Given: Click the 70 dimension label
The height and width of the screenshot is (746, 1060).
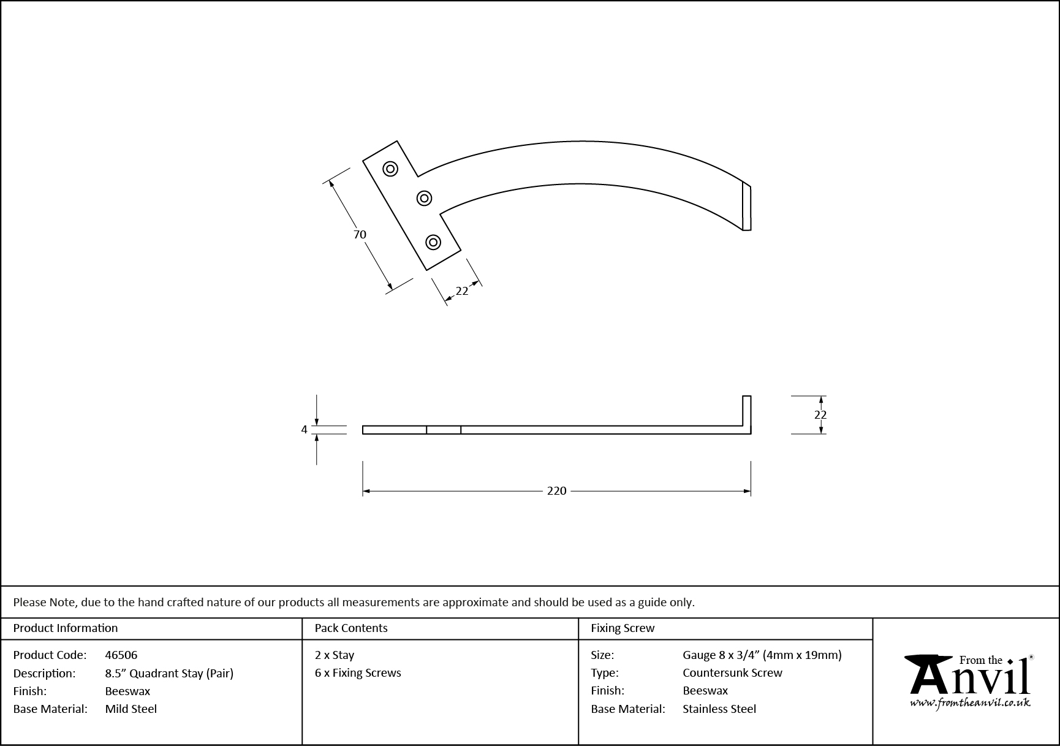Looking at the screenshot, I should [360, 234].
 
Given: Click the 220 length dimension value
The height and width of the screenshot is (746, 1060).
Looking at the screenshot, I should [556, 491].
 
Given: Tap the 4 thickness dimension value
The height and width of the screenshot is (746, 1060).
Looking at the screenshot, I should [304, 430].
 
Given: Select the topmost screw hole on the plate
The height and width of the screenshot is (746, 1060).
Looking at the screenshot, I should [390, 169].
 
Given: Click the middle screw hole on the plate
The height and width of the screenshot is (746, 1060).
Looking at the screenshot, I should [424, 198].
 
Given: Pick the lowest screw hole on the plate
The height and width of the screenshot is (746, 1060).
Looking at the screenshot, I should [433, 242].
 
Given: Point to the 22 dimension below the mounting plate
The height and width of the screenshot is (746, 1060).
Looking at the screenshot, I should [462, 291].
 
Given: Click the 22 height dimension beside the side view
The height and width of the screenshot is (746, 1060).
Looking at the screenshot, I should [820, 415].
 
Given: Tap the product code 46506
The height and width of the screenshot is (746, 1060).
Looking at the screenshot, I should [121, 655].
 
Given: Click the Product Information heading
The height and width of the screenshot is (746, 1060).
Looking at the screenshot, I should [66, 628].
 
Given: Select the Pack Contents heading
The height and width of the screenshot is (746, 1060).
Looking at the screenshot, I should [351, 628].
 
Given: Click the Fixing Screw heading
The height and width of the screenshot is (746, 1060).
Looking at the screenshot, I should [623, 628].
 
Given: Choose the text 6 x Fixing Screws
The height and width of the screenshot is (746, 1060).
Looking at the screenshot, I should [358, 672].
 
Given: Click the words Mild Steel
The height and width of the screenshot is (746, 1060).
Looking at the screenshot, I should [131, 709].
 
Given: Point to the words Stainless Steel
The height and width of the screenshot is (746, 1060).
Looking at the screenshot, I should [719, 709].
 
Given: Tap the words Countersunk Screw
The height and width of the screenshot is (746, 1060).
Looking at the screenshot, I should [732, 672].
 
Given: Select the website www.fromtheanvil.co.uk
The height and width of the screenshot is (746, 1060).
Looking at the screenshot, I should [970, 703].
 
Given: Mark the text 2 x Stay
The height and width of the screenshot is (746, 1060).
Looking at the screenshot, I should [335, 655].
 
